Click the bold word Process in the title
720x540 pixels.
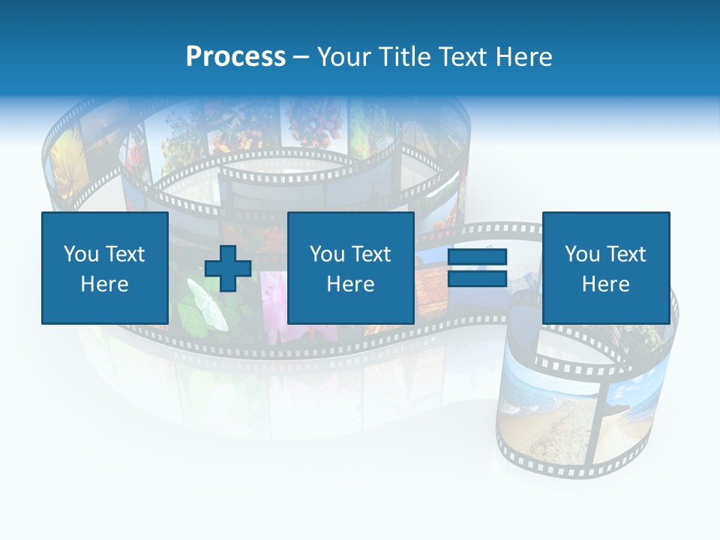pyautogui.click(x=235, y=56)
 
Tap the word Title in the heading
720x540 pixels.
pyautogui.click(x=406, y=56)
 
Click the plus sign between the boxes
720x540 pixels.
pyautogui.click(x=228, y=268)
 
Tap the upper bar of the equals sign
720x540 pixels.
pyautogui.click(x=477, y=257)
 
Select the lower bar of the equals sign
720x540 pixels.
pyautogui.click(x=477, y=279)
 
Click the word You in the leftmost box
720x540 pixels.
pyautogui.click(x=81, y=254)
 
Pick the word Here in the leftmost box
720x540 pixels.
pyautogui.click(x=104, y=284)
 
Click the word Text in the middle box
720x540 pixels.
pyautogui.click(x=370, y=254)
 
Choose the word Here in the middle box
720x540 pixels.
pyautogui.click(x=350, y=284)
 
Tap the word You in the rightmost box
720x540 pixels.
pyautogui.click(x=582, y=254)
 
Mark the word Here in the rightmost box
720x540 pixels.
pyautogui.click(x=605, y=284)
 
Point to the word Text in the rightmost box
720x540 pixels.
pyautogui.click(x=625, y=254)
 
